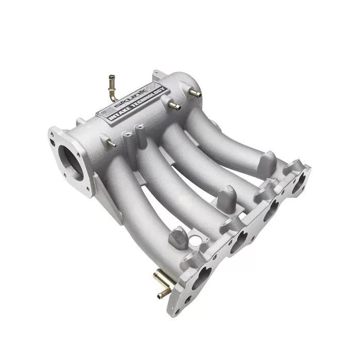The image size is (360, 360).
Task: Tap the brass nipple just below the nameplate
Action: coord(174,105)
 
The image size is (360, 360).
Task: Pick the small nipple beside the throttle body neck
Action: coord(109,143)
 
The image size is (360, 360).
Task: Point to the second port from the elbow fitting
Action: coord(238,242)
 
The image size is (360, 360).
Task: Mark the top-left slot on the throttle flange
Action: coord(53,135)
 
